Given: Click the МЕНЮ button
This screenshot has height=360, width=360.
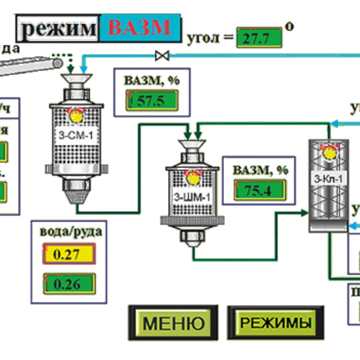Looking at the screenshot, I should pyautogui.click(x=173, y=323).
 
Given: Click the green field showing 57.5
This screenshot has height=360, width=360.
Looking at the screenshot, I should pyautogui.click(x=152, y=101).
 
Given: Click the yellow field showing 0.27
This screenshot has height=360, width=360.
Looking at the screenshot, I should pyautogui.click(x=69, y=254).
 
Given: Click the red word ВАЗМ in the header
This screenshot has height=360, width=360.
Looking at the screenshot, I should pyautogui.click(x=140, y=27).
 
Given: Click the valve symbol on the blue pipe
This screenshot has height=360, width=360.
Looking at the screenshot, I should pyautogui.click(x=162, y=55).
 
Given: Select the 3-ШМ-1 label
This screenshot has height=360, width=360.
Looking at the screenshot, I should pyautogui.click(x=192, y=197).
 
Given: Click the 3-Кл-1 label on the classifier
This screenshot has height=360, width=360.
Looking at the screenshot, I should pyautogui.click(x=329, y=179).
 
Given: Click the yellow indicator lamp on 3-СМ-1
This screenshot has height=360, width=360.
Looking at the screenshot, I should pyautogui.click(x=76, y=116).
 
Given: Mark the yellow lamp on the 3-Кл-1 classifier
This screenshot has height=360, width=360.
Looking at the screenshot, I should pyautogui.click(x=329, y=153).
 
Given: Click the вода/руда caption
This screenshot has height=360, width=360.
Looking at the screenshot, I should pyautogui.click(x=71, y=231).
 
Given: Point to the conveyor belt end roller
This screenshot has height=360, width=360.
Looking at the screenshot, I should pyautogui.click(x=57, y=63).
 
